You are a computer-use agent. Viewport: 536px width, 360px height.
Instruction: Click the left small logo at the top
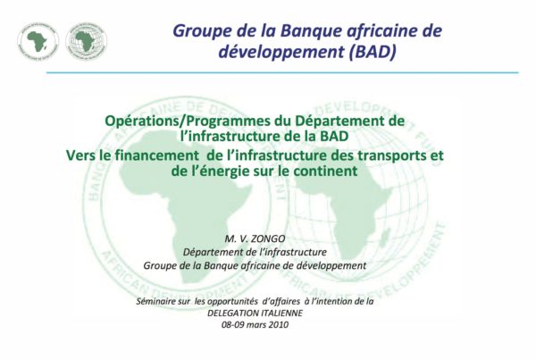pyautogui.click(x=38, y=42)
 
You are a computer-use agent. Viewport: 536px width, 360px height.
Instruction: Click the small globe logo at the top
pyautogui.click(x=86, y=42)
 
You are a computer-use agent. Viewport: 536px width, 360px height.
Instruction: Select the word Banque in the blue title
pyautogui.click(x=311, y=30)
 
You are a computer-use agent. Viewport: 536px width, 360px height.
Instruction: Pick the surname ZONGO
pyautogui.click(x=268, y=239)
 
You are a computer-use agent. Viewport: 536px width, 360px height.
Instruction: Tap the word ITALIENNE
pyautogui.click(x=282, y=314)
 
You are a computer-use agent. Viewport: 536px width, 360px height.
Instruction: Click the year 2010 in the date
pyautogui.click(x=278, y=325)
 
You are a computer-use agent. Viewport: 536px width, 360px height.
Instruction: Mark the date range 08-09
pyautogui.click(x=233, y=325)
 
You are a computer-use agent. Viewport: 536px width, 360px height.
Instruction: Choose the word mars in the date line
pyautogui.click(x=256, y=325)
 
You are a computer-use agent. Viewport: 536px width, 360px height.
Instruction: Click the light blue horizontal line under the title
pyautogui.click(x=282, y=72)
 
